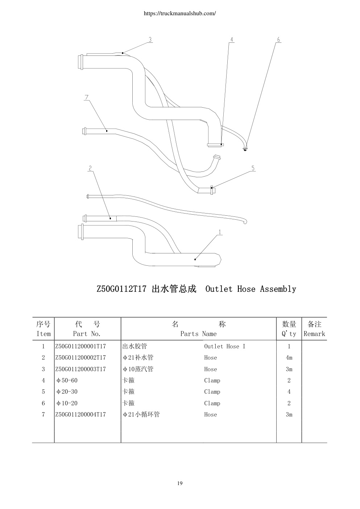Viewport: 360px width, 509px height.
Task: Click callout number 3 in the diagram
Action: tap(150, 40)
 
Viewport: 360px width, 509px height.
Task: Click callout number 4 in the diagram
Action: tap(232, 40)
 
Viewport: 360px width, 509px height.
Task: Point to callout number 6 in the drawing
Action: tap(278, 40)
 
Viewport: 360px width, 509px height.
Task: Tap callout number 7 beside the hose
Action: tap(86, 98)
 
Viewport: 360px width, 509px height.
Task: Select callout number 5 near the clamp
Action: tap(253, 168)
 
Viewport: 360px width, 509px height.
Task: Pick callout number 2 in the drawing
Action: tap(90, 168)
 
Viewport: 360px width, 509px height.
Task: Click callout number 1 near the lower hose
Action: tap(220, 232)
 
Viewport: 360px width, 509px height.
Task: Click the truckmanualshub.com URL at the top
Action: tap(180, 13)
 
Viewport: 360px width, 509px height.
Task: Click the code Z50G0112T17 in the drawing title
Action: tap(121, 289)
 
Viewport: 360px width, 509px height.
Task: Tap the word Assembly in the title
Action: tap(278, 289)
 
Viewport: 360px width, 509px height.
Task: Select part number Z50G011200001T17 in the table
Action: tap(81, 346)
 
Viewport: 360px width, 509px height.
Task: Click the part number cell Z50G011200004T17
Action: tap(81, 414)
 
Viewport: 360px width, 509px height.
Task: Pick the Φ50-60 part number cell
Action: tap(67, 380)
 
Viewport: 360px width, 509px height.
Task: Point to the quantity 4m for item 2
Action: tap(289, 358)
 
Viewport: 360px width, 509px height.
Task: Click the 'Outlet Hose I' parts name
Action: tap(225, 346)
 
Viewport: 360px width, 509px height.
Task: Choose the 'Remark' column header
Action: tap(314, 334)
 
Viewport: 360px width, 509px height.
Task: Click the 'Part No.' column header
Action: tap(87, 334)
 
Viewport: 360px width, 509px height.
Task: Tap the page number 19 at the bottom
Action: tap(180, 483)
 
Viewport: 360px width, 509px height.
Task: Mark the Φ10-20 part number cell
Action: tap(67, 403)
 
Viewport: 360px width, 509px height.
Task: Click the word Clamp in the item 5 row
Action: tap(212, 392)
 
